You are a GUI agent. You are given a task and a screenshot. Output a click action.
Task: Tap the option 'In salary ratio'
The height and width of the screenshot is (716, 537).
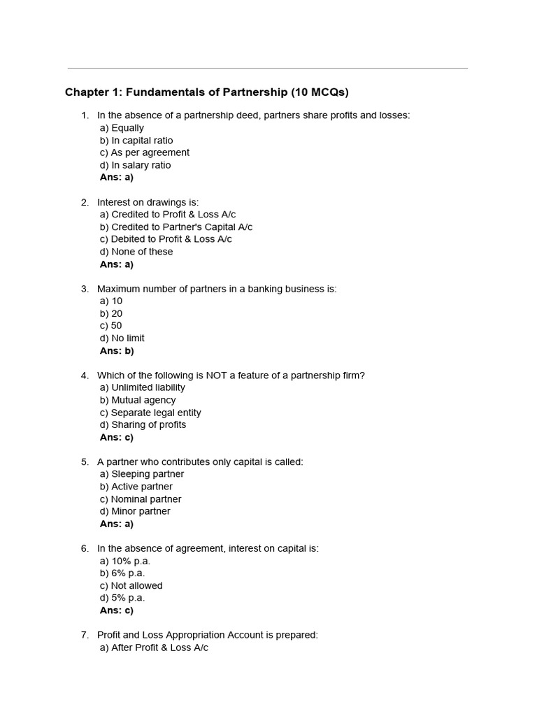(135, 165)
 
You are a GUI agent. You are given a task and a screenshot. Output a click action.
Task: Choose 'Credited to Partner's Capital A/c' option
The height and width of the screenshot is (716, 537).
(176, 227)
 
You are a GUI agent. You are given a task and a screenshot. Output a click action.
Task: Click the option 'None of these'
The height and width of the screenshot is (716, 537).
(136, 252)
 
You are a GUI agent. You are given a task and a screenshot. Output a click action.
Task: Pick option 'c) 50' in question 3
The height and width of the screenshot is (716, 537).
(110, 326)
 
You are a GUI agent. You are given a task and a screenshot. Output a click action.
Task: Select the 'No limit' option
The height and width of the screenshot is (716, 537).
(122, 338)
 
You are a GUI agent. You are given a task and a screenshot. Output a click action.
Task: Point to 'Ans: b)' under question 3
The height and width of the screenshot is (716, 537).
(117, 351)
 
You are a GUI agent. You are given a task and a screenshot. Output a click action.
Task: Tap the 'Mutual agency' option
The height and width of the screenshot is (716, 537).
(138, 400)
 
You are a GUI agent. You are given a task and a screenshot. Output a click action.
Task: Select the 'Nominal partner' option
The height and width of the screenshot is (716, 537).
(141, 499)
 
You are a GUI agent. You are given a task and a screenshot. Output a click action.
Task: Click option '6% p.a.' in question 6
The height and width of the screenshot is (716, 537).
(122, 573)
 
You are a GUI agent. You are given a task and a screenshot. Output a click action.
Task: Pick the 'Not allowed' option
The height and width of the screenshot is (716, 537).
(131, 586)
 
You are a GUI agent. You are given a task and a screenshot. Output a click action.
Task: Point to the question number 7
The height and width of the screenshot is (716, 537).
(85, 635)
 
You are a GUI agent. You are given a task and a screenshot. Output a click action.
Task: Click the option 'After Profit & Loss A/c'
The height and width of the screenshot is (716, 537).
(154, 647)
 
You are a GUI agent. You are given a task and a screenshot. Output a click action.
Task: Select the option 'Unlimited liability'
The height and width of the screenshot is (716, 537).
(142, 387)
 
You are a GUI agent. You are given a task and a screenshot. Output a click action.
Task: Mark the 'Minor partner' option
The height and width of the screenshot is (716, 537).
(135, 511)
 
